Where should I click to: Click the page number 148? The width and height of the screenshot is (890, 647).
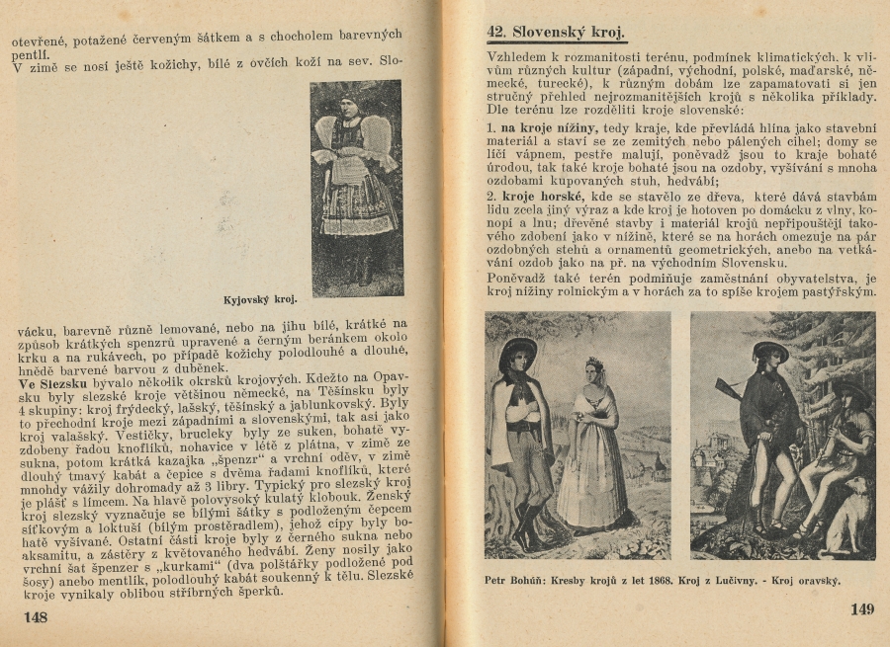point(36,616)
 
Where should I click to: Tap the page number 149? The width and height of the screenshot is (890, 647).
point(862,609)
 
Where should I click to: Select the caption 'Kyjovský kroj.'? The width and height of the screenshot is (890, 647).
point(260,296)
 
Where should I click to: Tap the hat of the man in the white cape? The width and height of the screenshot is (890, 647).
point(518,350)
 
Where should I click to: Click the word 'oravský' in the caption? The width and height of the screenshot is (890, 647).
point(814,581)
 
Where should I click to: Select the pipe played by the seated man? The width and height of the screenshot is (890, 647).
point(829,435)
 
